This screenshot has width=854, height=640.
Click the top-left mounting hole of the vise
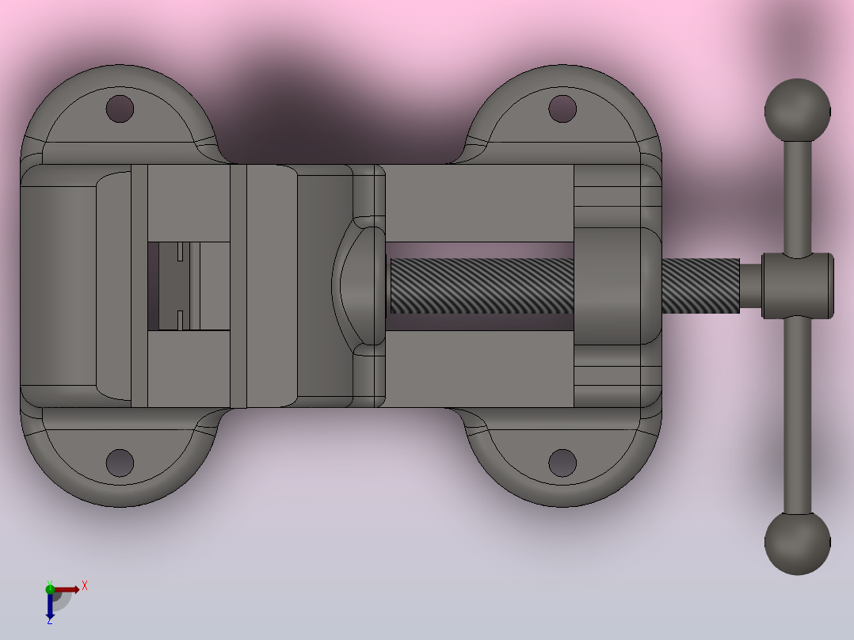tap(120, 109)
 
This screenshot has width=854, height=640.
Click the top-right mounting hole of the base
tap(562, 109)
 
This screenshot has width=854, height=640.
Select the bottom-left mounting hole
tap(120, 463)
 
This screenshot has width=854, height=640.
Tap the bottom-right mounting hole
tap(562, 463)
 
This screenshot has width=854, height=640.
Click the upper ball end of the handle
tap(797, 111)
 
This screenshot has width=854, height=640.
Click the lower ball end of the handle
tap(797, 543)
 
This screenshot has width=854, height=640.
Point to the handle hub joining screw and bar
tap(797, 285)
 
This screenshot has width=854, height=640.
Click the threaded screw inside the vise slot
tap(482, 286)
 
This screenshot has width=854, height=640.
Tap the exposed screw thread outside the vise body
tap(700, 286)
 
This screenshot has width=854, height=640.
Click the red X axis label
tap(85, 586)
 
